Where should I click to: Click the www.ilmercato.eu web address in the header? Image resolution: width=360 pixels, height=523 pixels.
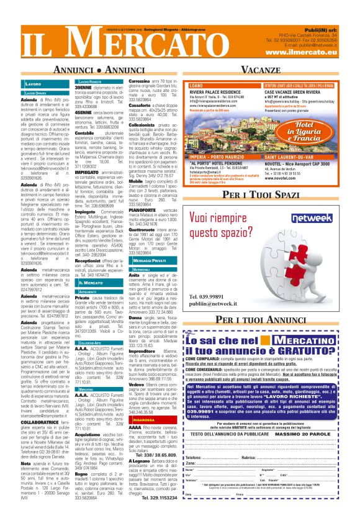(308, 53)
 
